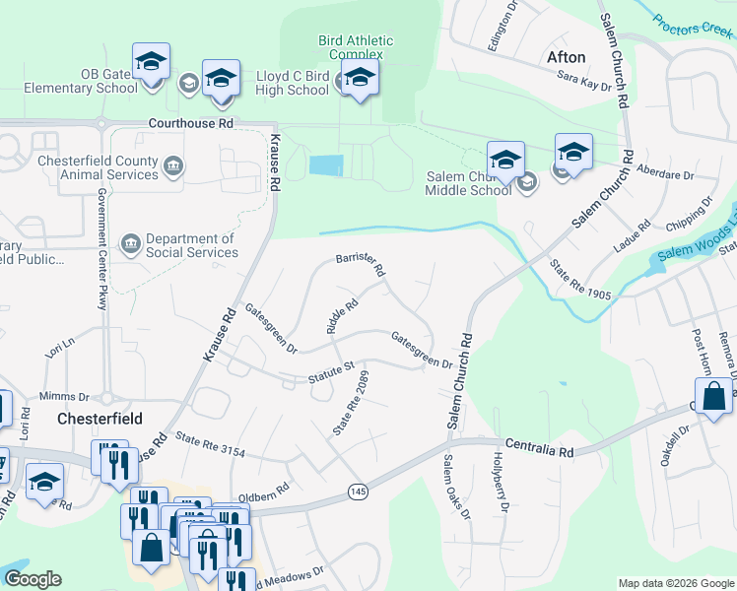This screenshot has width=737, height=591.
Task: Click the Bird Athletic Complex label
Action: pyautogui.click(x=355, y=47)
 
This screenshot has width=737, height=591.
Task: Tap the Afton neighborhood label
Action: pyautogui.click(x=566, y=57)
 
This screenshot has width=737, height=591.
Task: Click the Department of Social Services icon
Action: pyautogui.click(x=130, y=243)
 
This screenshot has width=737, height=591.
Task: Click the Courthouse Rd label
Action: pyautogui.click(x=190, y=124)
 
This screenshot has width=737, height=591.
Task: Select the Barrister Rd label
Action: pyautogui.click(x=360, y=263)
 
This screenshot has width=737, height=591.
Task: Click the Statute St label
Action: pyautogui.click(x=330, y=371)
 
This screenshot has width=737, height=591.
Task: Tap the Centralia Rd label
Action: pyautogui.click(x=539, y=449)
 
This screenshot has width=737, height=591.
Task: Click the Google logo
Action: pyautogui.click(x=33, y=579)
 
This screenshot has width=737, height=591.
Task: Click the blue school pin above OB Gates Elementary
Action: pyautogui.click(x=152, y=61)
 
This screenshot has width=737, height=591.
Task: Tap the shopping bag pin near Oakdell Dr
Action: pyautogui.click(x=715, y=396)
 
